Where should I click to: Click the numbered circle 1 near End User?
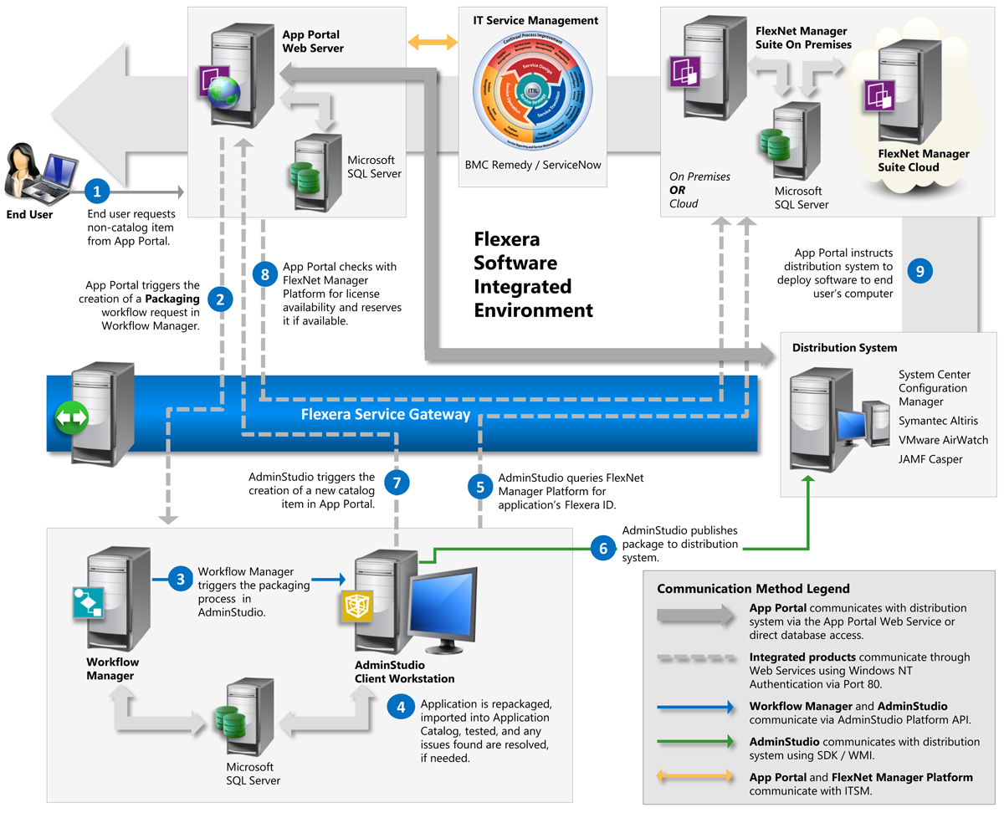[x=97, y=192]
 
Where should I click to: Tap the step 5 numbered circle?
[x=480, y=488]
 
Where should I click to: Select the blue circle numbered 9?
[x=920, y=271]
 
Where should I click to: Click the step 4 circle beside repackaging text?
[x=402, y=707]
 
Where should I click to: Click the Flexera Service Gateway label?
[x=385, y=415]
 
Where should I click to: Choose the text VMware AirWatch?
[x=943, y=440]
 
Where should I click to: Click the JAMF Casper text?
[x=930, y=459]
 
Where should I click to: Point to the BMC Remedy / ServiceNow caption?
[x=533, y=166]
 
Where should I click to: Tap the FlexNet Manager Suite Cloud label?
[x=924, y=161]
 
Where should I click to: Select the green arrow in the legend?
[x=694, y=741]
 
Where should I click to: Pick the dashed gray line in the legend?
[x=694, y=658]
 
